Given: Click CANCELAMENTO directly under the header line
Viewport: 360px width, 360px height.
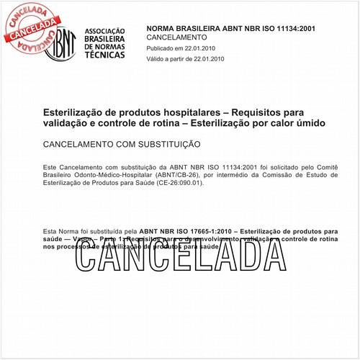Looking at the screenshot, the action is tap(176, 36).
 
